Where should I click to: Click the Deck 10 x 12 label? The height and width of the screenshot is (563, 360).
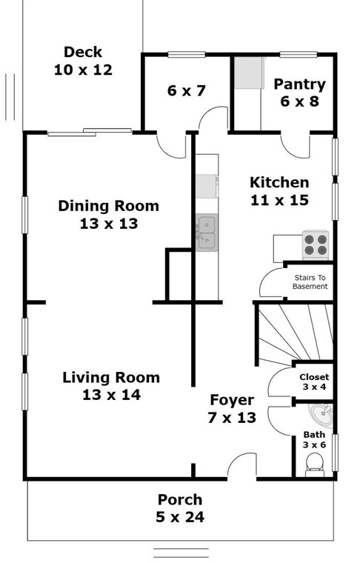83,61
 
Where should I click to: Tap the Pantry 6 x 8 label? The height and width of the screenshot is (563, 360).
300,93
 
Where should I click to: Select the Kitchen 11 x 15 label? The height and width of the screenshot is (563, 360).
279,191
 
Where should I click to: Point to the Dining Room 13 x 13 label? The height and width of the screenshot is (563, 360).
109,215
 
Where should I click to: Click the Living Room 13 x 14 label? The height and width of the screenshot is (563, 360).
111,386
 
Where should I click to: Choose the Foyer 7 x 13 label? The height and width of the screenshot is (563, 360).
232,409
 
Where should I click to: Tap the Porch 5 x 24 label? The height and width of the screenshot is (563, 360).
180,508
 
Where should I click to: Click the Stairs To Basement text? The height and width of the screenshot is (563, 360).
310,281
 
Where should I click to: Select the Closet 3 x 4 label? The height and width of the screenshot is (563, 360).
314,382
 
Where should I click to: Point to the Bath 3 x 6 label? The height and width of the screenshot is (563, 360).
314,439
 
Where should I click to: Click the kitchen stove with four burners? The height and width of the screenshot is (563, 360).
316,245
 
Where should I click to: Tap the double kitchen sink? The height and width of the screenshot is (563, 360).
207,233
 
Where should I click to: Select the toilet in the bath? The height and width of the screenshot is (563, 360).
315,465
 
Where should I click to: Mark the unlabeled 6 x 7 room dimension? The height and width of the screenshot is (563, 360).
186,90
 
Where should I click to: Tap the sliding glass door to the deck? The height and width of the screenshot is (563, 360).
90,132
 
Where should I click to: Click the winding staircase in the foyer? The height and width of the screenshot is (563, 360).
294,332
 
